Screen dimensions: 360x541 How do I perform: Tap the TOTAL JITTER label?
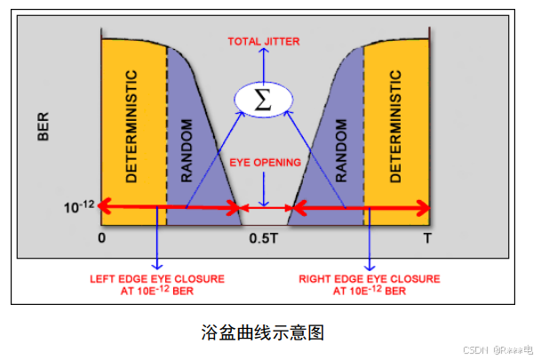click(264, 41)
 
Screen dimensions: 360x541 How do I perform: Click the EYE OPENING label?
click(265, 163)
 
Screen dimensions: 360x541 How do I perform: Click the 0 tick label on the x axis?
click(102, 239)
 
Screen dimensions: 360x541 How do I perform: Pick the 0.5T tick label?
click(265, 239)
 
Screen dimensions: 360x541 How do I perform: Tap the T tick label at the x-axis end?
click(427, 239)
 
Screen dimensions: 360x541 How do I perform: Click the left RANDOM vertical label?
click(186, 150)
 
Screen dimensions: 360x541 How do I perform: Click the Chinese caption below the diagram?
click(263, 332)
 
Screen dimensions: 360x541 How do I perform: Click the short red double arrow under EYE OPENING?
click(266, 209)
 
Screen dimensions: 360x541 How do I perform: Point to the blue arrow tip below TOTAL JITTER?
click(264, 51)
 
